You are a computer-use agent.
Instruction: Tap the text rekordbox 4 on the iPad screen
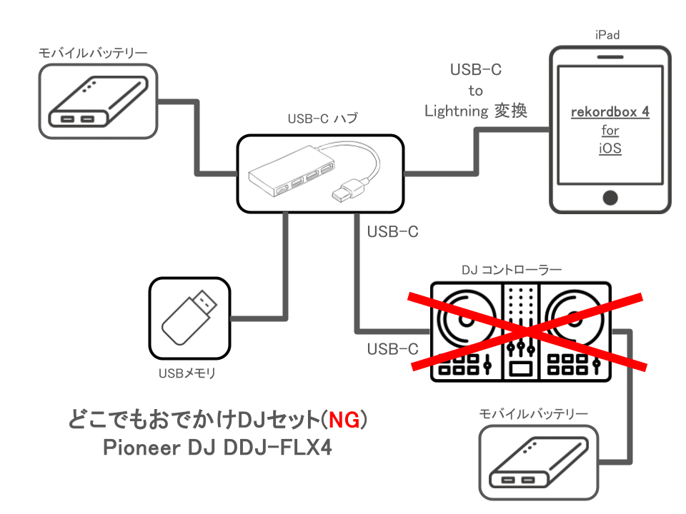tap(610, 113)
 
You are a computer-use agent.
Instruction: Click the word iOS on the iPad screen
tap(610, 149)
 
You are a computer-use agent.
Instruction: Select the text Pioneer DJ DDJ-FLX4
tap(218, 448)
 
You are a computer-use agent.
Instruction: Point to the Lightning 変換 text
tap(476, 111)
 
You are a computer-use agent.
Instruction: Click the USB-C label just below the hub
tap(392, 232)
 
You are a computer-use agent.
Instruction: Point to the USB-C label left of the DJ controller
tap(392, 349)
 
